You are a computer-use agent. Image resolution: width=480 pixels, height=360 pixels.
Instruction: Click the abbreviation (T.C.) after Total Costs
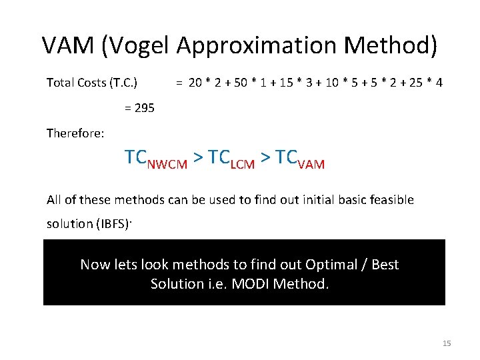[x=124, y=83]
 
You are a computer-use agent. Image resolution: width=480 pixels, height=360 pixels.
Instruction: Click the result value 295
[x=144, y=107]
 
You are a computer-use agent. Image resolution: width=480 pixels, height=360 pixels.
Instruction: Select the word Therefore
[x=75, y=133]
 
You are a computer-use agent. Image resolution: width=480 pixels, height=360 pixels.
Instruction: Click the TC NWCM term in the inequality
[x=155, y=159]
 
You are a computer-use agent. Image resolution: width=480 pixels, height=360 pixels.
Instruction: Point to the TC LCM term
[x=231, y=159]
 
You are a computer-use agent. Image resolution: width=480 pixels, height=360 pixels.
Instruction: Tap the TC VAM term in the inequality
[x=300, y=159]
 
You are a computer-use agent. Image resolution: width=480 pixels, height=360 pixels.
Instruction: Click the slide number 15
[x=447, y=343]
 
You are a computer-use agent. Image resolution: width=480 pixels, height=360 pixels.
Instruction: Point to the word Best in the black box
[x=385, y=265]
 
